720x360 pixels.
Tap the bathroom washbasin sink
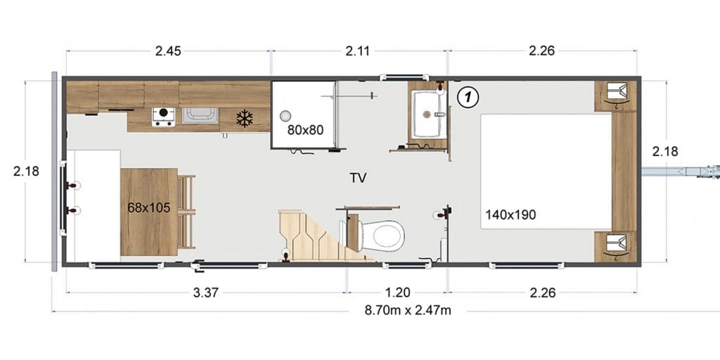point(428,114)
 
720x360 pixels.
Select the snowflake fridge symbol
point(244,119)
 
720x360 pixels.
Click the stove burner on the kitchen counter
point(163,117)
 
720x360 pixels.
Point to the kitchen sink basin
point(200,115)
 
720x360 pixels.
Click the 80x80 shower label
point(305,130)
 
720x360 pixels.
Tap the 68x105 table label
point(149,208)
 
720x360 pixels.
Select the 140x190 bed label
point(510,214)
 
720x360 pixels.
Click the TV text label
point(358,178)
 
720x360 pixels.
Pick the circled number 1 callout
point(468,97)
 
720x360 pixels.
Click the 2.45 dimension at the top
point(168,51)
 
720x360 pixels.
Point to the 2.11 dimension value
point(357,51)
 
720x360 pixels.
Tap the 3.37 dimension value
point(205,293)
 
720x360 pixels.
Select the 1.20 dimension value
point(398,293)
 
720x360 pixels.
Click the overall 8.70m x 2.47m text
point(408,310)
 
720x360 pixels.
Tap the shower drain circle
point(285,116)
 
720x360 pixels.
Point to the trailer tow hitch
point(681,172)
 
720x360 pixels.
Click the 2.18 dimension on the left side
point(26,172)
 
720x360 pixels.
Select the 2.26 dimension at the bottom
point(543,293)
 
